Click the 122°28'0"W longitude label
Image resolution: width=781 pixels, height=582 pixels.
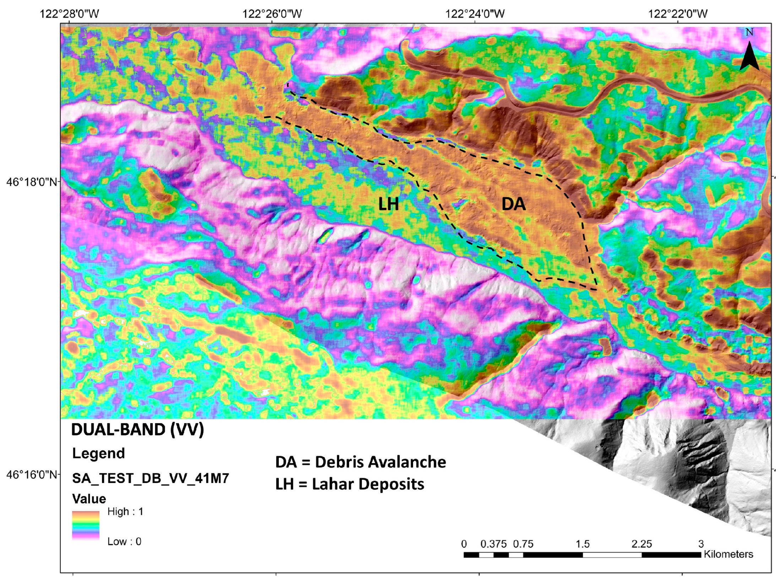point(69,14)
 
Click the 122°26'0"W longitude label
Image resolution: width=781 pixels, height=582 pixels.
point(272,14)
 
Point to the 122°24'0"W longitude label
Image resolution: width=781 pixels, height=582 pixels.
point(475,14)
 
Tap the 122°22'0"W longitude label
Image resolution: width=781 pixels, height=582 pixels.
point(678,14)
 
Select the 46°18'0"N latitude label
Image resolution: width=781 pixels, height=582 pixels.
point(32,182)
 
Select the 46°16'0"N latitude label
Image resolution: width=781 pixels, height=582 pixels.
point(32,474)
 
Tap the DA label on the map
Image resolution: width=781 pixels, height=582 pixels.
point(513,204)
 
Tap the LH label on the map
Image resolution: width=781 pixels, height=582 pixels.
point(389,205)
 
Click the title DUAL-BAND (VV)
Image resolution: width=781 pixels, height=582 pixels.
point(137,430)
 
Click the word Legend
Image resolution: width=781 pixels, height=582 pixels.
point(98,453)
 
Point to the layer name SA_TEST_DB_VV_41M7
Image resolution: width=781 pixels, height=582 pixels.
point(151,478)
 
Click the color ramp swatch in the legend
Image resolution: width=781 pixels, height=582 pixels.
point(86,526)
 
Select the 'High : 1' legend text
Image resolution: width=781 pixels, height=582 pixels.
point(125,512)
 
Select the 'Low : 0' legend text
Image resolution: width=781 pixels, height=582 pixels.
point(124,542)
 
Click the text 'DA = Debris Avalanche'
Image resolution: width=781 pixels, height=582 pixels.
point(360,462)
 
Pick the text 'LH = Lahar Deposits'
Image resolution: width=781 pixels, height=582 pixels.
point(349,484)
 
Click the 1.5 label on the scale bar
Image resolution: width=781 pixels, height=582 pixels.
point(582,544)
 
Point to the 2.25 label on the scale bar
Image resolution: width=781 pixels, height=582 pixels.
point(641,544)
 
